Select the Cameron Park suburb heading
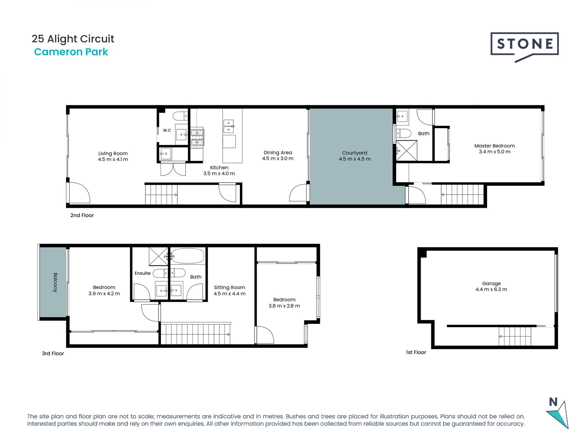[71, 52]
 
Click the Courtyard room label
[354, 153]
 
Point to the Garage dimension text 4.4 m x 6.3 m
[491, 289]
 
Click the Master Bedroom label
[494, 146]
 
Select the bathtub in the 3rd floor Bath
[187, 256]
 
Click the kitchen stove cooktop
[197, 137]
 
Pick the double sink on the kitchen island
[229, 127]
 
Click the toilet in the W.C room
[180, 116]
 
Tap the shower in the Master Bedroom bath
[407, 151]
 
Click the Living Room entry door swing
[79, 193]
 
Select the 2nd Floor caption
[82, 215]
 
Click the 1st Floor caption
[416, 352]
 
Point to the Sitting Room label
[229, 287]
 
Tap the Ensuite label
[142, 273]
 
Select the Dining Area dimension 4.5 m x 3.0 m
[278, 159]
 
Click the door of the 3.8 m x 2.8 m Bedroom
[265, 335]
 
